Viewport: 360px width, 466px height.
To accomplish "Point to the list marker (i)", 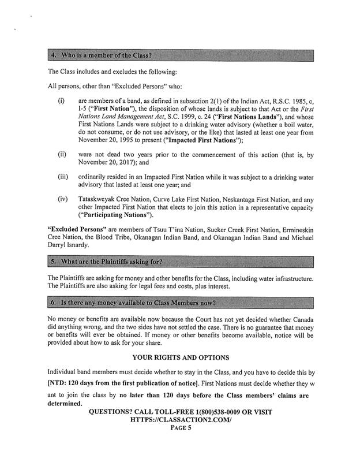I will [61, 100].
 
